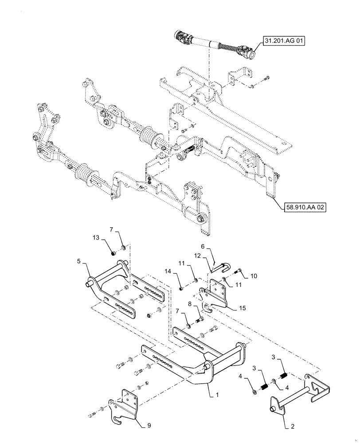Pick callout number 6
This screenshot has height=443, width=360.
click(203, 247)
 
